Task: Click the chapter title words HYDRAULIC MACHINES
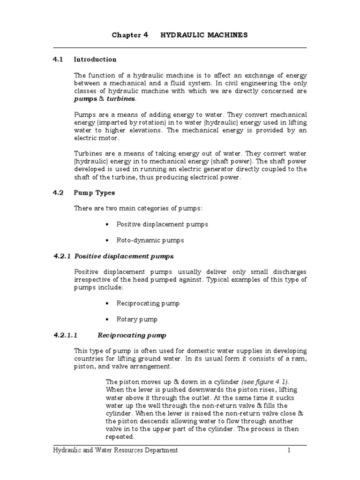coord(204,35)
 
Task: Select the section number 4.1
coord(58,60)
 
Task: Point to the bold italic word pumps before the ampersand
coord(86,99)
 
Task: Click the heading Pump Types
coord(94,193)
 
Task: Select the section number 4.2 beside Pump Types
coord(58,193)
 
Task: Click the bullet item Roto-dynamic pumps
coord(150,240)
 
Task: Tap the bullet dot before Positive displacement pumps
coord(107,225)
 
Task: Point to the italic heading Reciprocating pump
coord(132,336)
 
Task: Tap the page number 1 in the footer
coord(290,450)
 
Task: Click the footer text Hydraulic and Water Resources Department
coord(115,450)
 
